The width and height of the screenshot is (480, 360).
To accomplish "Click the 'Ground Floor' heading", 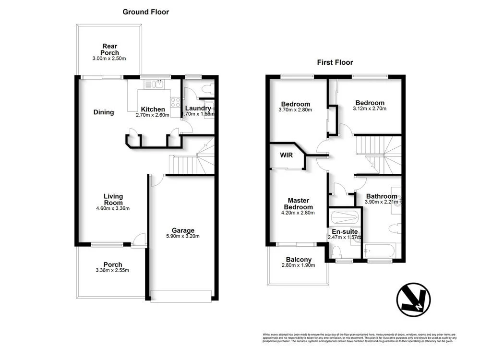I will (x=145, y=12).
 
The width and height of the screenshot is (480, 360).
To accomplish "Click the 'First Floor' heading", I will (x=335, y=62).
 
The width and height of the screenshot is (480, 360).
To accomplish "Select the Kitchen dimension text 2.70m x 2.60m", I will (x=153, y=116).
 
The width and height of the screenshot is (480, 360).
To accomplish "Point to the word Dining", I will (x=104, y=112).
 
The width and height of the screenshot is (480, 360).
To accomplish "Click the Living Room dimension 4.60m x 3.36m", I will (x=113, y=208).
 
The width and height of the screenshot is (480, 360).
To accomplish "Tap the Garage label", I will (x=183, y=230).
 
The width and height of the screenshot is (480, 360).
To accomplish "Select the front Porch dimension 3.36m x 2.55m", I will (x=113, y=270).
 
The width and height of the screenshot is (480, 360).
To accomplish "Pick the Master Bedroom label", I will (x=298, y=204).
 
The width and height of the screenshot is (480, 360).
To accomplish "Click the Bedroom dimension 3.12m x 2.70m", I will (x=370, y=108).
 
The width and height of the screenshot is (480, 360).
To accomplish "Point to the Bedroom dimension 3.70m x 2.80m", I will (x=295, y=110).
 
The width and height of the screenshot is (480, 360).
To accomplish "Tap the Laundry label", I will (x=198, y=108).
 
